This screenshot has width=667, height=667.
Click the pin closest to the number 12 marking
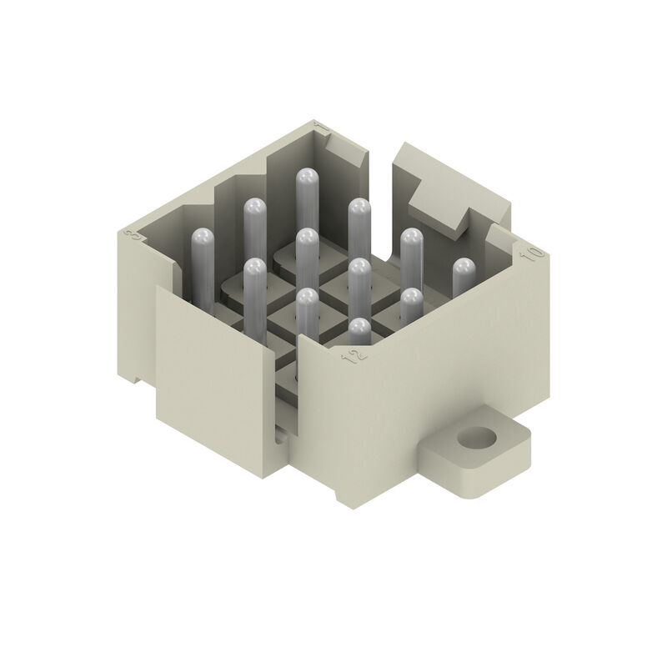coord(359,333)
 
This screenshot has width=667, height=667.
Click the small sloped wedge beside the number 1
coord(344,150)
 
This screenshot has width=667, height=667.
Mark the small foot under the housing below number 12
coord(347,495)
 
